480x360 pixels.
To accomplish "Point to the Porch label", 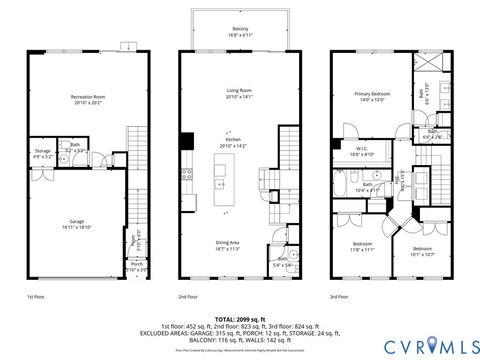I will pos(136,267).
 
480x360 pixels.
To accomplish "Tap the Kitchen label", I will pos(232,142).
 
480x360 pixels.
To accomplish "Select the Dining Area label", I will pos(228,244).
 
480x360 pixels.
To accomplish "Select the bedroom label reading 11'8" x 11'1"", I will pos(361,247).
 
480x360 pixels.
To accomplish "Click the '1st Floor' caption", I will pos(36,297).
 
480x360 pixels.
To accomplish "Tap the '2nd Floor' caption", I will pos(187,297).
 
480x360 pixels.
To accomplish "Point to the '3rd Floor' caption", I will pos(339,297).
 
